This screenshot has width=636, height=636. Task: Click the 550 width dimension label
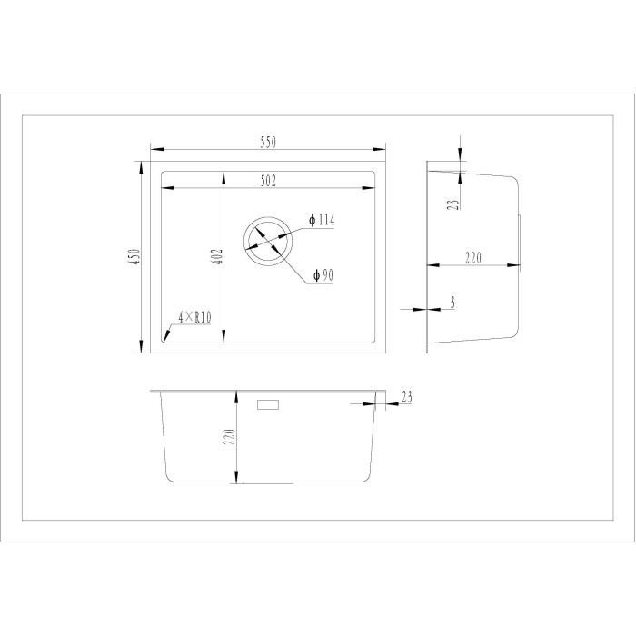(x=268, y=143)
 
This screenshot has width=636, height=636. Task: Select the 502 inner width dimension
(x=268, y=181)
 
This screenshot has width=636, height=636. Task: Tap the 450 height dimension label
(x=134, y=257)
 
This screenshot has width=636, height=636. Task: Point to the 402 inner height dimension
(x=217, y=257)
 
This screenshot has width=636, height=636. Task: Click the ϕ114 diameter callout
(x=322, y=220)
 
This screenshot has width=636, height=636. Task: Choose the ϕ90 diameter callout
(x=323, y=276)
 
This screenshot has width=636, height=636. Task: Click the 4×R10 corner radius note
(x=194, y=317)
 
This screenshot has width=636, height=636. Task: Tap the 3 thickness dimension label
(x=452, y=303)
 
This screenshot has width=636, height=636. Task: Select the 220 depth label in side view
(x=473, y=258)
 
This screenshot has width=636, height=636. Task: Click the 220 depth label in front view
(x=230, y=437)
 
